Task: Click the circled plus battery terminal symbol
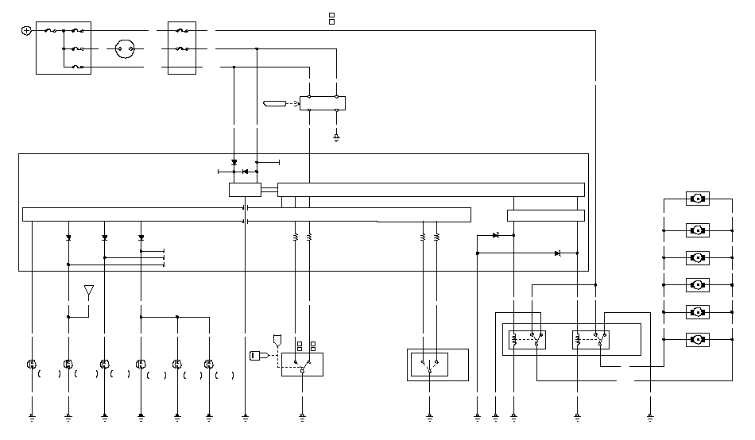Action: tap(26, 30)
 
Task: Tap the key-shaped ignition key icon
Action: tap(260, 355)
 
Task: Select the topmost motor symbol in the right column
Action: tap(697, 199)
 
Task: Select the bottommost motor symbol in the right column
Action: tap(697, 340)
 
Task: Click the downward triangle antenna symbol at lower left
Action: tap(89, 291)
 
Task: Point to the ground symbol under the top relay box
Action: tap(336, 138)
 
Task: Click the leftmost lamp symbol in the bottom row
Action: tap(32, 365)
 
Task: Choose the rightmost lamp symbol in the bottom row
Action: tap(208, 365)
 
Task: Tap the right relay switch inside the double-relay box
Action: tap(590, 340)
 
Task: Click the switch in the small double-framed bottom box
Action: tap(429, 365)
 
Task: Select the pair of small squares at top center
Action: tap(331, 18)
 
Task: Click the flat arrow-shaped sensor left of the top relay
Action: tap(273, 103)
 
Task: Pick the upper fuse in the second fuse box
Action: tap(182, 31)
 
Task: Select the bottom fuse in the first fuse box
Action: tap(76, 67)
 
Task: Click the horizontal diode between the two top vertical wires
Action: tap(245, 171)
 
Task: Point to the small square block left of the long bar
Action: tap(245, 190)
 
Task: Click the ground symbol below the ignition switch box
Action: tap(302, 415)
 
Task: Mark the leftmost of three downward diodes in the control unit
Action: tap(68, 237)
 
